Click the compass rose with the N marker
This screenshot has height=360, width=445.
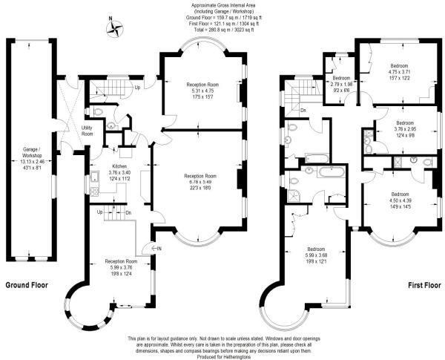[116, 29]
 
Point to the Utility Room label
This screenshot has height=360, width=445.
[87, 131]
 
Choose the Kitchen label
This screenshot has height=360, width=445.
[99, 168]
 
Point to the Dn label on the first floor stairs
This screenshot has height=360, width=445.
[303, 111]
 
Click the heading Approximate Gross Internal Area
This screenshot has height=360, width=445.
[223, 4]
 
